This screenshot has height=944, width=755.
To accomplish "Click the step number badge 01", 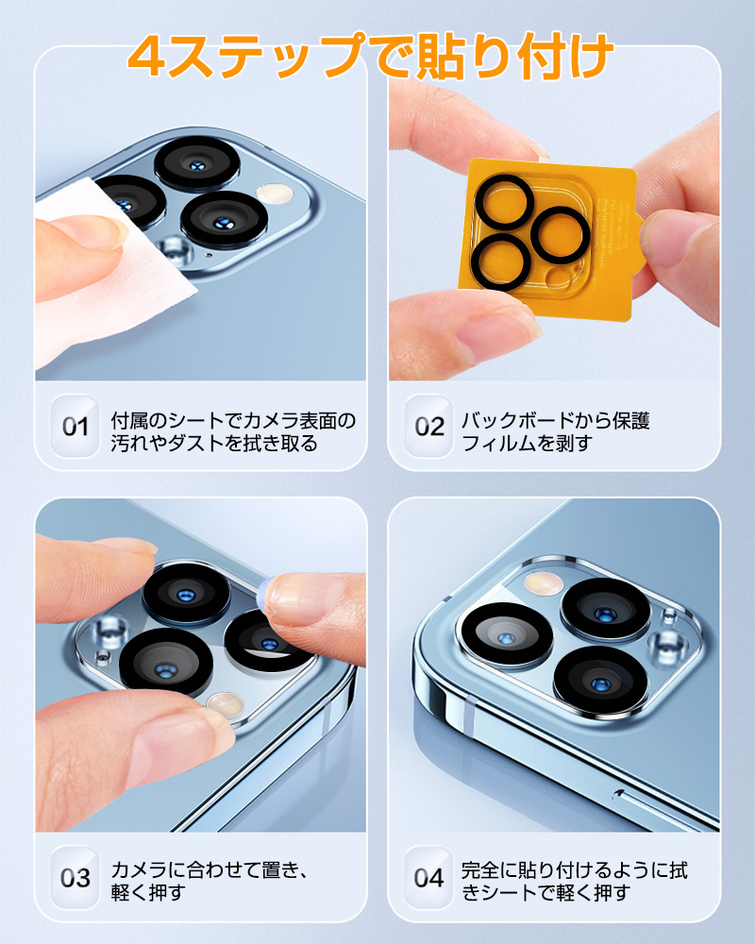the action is [75, 427].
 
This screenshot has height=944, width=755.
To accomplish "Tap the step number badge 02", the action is [428, 427].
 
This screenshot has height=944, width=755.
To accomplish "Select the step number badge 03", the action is [75, 877].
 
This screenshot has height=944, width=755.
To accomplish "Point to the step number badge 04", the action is [428, 877].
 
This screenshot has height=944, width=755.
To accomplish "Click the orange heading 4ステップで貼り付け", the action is [370, 56].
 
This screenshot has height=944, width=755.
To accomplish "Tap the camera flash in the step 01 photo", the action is [276, 194].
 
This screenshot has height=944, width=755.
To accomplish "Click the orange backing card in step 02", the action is [551, 238].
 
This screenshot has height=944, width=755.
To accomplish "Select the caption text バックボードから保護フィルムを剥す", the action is [555, 431].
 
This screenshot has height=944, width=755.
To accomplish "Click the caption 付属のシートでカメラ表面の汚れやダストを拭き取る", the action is [233, 431].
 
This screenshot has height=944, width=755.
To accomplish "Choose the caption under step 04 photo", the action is [575, 881].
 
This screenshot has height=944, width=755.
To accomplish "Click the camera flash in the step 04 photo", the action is [543, 582].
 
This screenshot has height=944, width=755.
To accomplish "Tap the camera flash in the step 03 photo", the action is [224, 704].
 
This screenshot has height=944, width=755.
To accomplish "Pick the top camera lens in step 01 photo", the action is [197, 163].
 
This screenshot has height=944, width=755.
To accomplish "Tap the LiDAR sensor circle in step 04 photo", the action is [668, 643].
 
